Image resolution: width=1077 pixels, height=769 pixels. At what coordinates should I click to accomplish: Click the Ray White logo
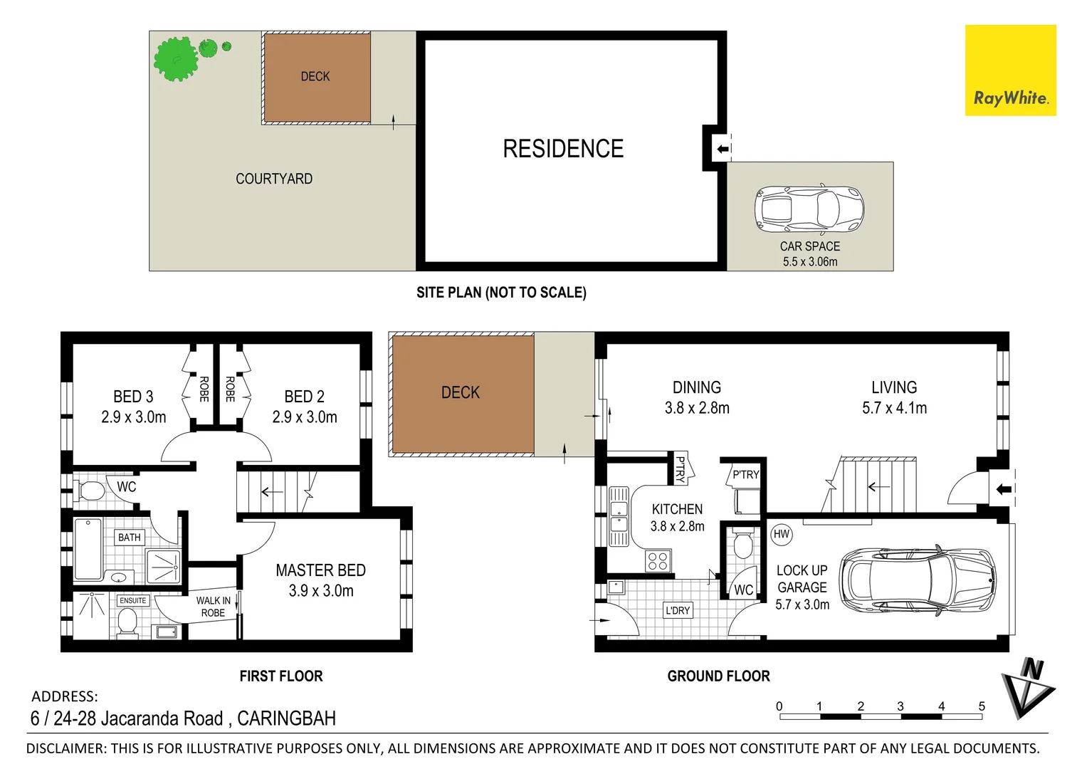(1010, 70)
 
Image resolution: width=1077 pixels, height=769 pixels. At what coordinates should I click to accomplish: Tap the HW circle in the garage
(781, 534)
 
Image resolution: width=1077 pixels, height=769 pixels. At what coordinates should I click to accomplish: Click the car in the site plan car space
(809, 209)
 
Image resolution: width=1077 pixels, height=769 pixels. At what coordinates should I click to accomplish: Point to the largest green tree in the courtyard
(176, 59)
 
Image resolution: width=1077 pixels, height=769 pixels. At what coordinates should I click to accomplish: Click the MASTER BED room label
(320, 570)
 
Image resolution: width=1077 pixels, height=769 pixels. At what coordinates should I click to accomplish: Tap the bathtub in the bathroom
(88, 549)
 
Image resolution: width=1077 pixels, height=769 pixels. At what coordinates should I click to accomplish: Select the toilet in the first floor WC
(90, 490)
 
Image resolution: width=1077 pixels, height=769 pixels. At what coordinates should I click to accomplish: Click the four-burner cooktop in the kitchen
(658, 561)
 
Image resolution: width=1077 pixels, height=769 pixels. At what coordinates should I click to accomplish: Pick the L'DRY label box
(678, 610)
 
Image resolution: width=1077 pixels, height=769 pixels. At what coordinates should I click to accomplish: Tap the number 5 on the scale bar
(982, 706)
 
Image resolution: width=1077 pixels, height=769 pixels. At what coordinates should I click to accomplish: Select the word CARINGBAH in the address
(286, 718)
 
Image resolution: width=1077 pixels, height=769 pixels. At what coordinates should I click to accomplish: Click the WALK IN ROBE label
(213, 607)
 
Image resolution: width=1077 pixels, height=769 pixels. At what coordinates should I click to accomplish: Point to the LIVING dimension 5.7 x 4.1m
(894, 408)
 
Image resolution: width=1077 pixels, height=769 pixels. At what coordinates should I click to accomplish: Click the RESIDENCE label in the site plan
(563, 149)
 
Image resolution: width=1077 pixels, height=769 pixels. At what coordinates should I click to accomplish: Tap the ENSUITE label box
(132, 600)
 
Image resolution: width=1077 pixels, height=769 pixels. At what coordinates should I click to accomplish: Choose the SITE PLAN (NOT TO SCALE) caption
(501, 293)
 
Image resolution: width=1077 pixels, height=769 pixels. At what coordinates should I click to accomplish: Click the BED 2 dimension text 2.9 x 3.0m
(305, 417)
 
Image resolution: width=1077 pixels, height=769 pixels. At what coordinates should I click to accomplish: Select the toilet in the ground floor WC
(742, 545)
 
